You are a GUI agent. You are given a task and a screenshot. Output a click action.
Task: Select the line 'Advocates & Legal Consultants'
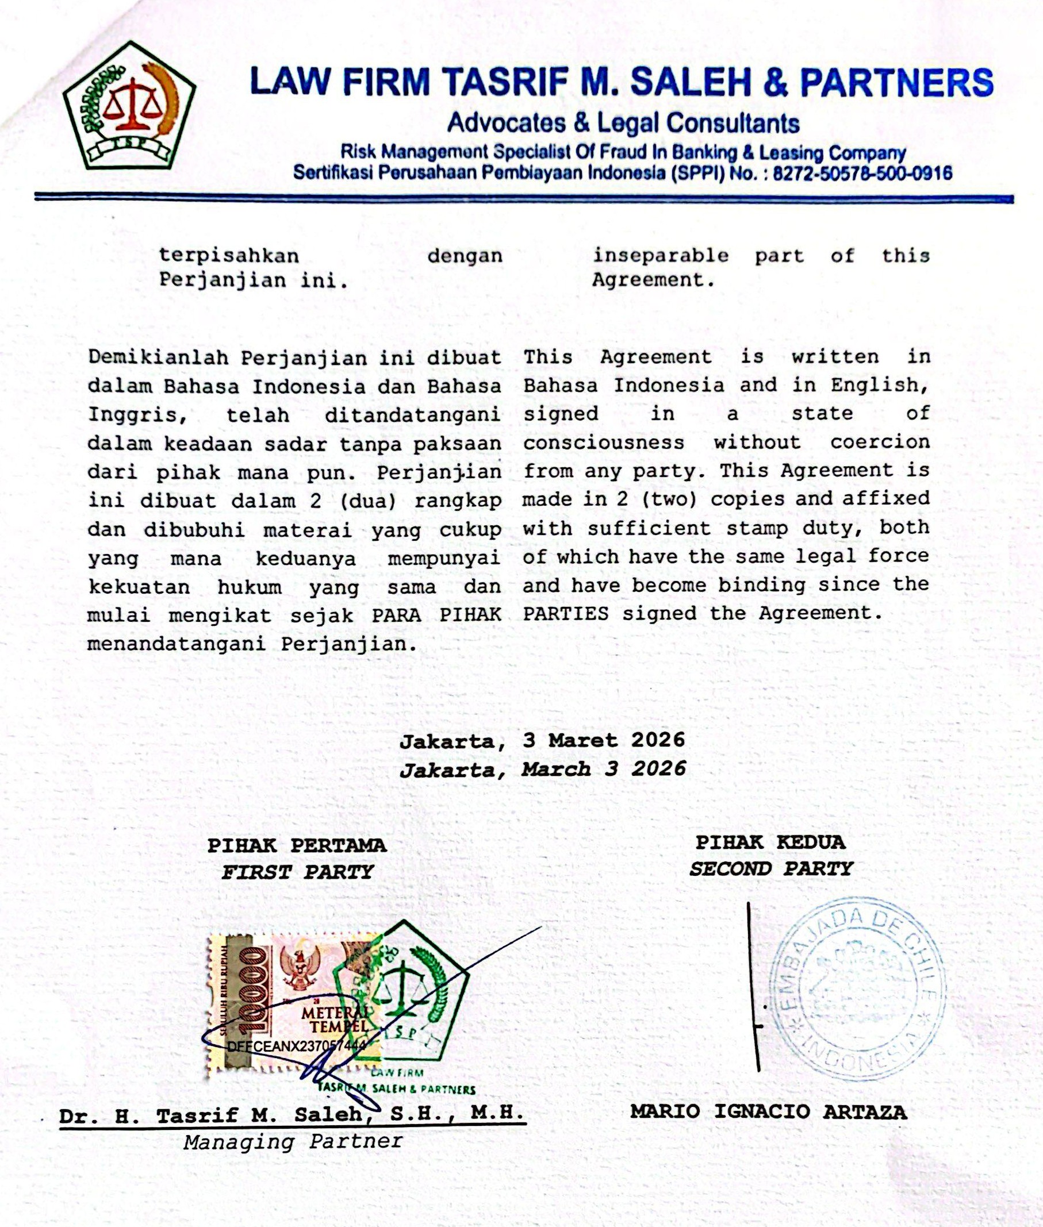click(x=623, y=123)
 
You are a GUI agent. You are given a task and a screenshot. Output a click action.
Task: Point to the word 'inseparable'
click(x=661, y=256)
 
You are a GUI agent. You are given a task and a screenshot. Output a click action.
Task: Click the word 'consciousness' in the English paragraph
click(x=603, y=443)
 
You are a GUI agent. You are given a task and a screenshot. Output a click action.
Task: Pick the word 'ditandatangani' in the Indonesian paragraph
click(x=413, y=414)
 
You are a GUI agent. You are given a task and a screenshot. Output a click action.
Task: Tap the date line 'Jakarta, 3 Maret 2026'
click(x=542, y=740)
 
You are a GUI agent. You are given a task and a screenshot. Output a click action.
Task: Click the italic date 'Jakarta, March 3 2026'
click(x=542, y=769)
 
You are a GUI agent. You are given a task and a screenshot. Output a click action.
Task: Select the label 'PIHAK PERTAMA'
click(x=296, y=846)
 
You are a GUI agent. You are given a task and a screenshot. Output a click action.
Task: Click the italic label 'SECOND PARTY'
click(x=771, y=870)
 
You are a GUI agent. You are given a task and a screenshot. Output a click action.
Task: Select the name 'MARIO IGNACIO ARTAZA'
click(x=768, y=1111)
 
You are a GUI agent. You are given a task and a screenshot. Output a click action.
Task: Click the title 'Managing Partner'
click(x=293, y=1141)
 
